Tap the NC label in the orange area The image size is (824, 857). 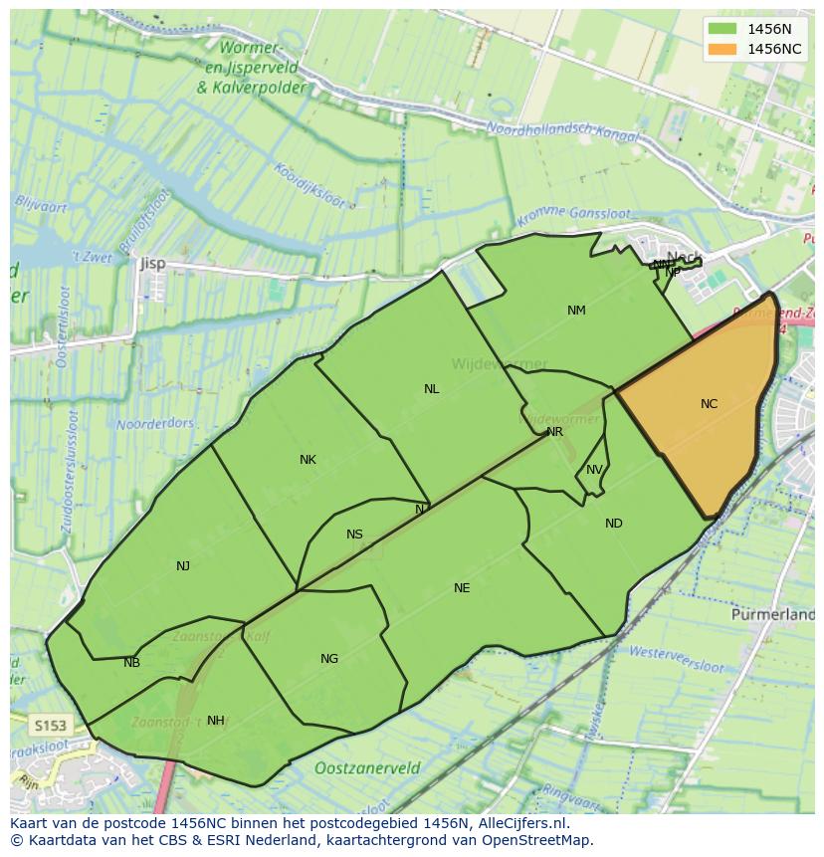[709, 404]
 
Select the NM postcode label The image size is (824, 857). [576, 311]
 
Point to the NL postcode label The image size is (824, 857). [431, 389]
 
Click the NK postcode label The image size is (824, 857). [308, 460]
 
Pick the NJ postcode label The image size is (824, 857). [183, 566]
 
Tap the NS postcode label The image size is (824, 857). [354, 535]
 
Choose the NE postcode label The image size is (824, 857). [462, 588]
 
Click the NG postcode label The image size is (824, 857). [329, 659]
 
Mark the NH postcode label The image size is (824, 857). [215, 721]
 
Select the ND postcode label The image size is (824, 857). [613, 524]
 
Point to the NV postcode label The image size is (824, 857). [594, 470]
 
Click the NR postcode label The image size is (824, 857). [554, 432]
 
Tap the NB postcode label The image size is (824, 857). [131, 663]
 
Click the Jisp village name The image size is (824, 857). [153, 264]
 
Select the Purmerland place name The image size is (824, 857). [772, 615]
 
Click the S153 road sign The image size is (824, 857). [48, 726]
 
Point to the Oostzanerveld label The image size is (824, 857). [366, 768]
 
